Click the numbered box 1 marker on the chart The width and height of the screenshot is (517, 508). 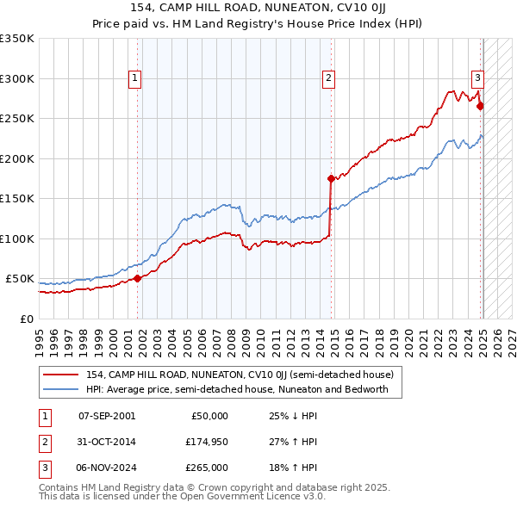click(x=135, y=78)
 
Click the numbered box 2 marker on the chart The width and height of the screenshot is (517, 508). click(x=328, y=78)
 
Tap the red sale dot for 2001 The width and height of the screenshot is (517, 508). click(x=138, y=278)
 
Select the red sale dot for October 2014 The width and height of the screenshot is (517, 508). click(x=331, y=179)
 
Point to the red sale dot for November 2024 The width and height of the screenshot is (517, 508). click(x=480, y=107)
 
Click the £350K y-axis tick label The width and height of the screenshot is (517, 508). click(x=17, y=39)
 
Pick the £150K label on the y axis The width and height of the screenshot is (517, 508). click(x=17, y=199)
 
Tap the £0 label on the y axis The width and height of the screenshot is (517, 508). click(x=28, y=319)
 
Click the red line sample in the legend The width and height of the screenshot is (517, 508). click(x=62, y=375)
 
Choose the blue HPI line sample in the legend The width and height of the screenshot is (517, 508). click(x=62, y=389)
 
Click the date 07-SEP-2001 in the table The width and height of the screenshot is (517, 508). click(x=107, y=416)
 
